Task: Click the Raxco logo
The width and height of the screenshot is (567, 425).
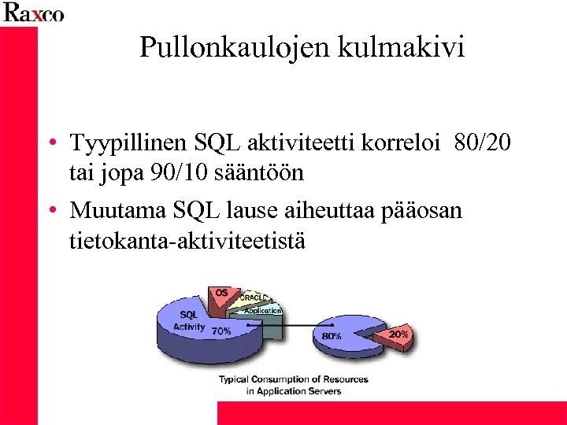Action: pyautogui.click(x=33, y=13)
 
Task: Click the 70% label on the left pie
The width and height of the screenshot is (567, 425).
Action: pyautogui.click(x=220, y=331)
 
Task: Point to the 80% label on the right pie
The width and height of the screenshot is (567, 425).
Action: pyautogui.click(x=332, y=335)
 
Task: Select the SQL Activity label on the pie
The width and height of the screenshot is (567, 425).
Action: pyautogui.click(x=189, y=320)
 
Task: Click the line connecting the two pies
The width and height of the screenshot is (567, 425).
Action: pyautogui.click(x=307, y=324)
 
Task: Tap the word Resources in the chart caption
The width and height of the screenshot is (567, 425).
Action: pyautogui.click(x=343, y=379)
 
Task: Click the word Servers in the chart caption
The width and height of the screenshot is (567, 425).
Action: pyautogui.click(x=324, y=391)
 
